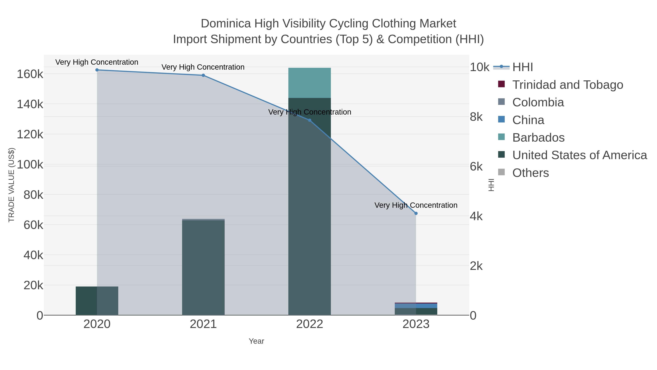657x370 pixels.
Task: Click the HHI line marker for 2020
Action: (x=97, y=70)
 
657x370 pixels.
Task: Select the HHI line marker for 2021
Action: (x=203, y=75)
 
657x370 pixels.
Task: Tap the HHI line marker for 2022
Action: (x=310, y=120)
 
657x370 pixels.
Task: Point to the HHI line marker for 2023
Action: (x=416, y=213)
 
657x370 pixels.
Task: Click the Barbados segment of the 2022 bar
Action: (x=310, y=83)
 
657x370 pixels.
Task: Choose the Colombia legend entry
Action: (x=538, y=102)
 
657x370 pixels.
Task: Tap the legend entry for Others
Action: (x=531, y=173)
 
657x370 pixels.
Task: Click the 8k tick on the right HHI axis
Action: (x=476, y=117)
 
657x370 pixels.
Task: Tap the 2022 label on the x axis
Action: (x=310, y=324)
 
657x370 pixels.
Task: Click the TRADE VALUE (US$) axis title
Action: (x=11, y=185)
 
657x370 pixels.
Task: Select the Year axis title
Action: (x=256, y=341)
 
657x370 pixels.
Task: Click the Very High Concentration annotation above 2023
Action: (x=416, y=205)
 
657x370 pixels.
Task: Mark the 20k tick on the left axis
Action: (x=33, y=285)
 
